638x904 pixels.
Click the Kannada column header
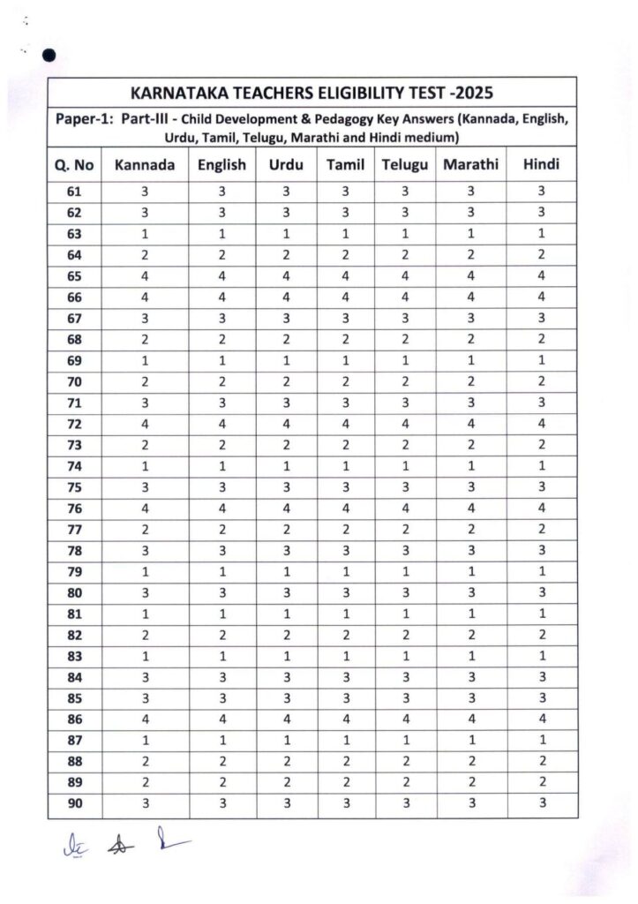click(143, 165)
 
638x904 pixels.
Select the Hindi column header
click(541, 165)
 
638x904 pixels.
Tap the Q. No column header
click(74, 166)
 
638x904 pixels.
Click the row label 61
click(73, 191)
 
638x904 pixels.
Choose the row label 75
click(73, 486)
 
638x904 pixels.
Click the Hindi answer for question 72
click(541, 423)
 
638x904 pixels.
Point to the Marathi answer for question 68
click(470, 338)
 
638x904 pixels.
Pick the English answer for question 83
click(222, 654)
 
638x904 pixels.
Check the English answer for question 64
click(222, 254)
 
